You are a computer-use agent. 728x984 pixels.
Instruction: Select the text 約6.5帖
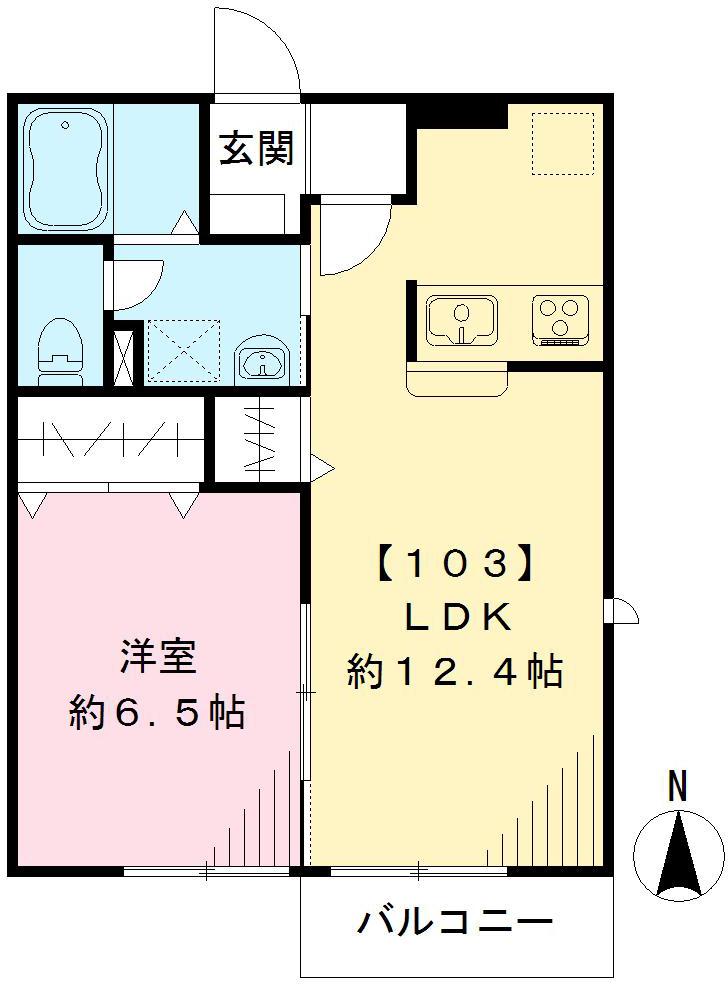point(158,712)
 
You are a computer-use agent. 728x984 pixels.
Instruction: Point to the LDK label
point(457,618)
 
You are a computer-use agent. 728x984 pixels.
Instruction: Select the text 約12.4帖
point(455,671)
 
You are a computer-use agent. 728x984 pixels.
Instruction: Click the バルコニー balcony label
point(455,921)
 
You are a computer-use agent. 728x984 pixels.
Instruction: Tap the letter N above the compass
point(678,786)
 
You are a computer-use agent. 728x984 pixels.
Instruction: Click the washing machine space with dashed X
point(183,350)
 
